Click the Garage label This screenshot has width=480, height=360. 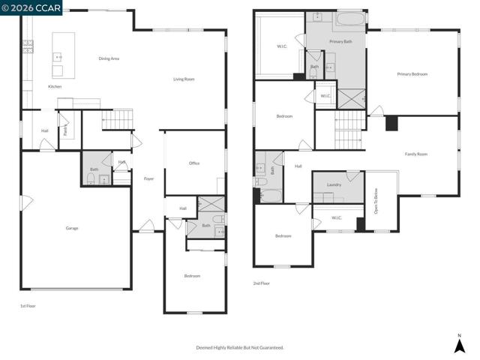pyautogui.click(x=72, y=228)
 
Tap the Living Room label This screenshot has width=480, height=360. pyautogui.click(x=184, y=79)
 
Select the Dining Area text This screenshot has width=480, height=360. pyautogui.click(x=109, y=58)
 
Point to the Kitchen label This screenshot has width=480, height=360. pyautogui.click(x=55, y=86)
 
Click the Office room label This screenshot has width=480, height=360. pyautogui.click(x=194, y=163)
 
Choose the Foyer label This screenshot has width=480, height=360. pyautogui.click(x=148, y=178)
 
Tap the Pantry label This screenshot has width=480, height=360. pyautogui.click(x=65, y=130)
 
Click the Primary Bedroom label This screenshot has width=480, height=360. pyautogui.click(x=412, y=73)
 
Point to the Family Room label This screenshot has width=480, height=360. pyautogui.click(x=416, y=154)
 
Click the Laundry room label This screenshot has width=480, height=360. pyautogui.click(x=334, y=184)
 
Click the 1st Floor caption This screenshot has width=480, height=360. pyautogui.click(x=28, y=306)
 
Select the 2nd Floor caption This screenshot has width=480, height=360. pyautogui.click(x=262, y=283)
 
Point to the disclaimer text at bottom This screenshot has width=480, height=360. pyautogui.click(x=240, y=347)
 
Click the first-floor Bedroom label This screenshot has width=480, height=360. pyautogui.click(x=193, y=276)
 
